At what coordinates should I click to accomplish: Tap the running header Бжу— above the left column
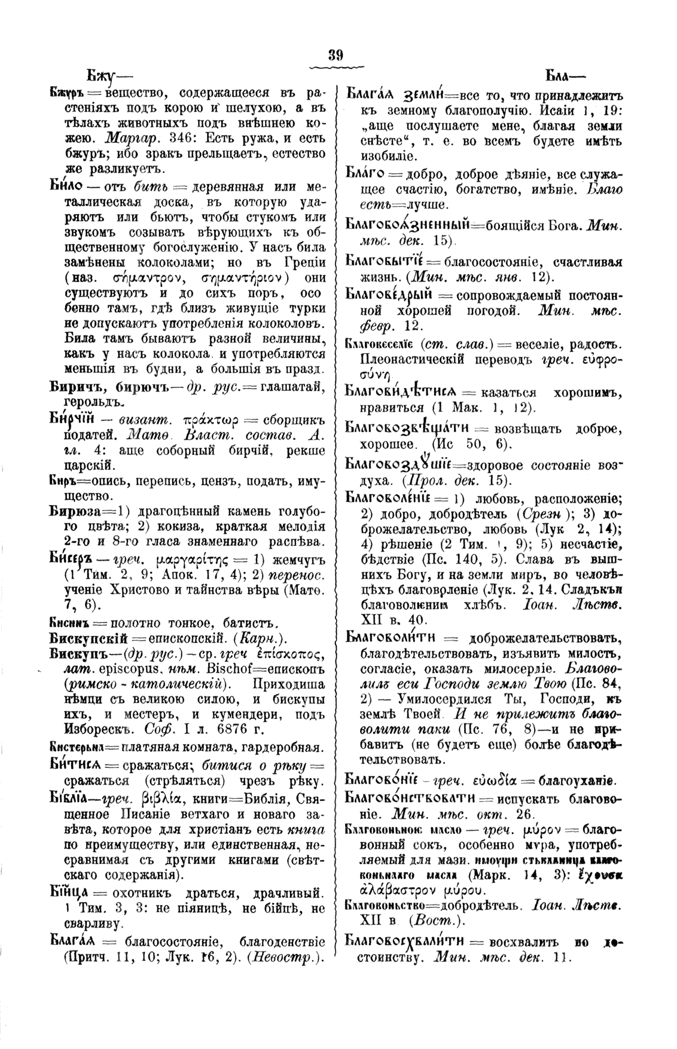point(100,76)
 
